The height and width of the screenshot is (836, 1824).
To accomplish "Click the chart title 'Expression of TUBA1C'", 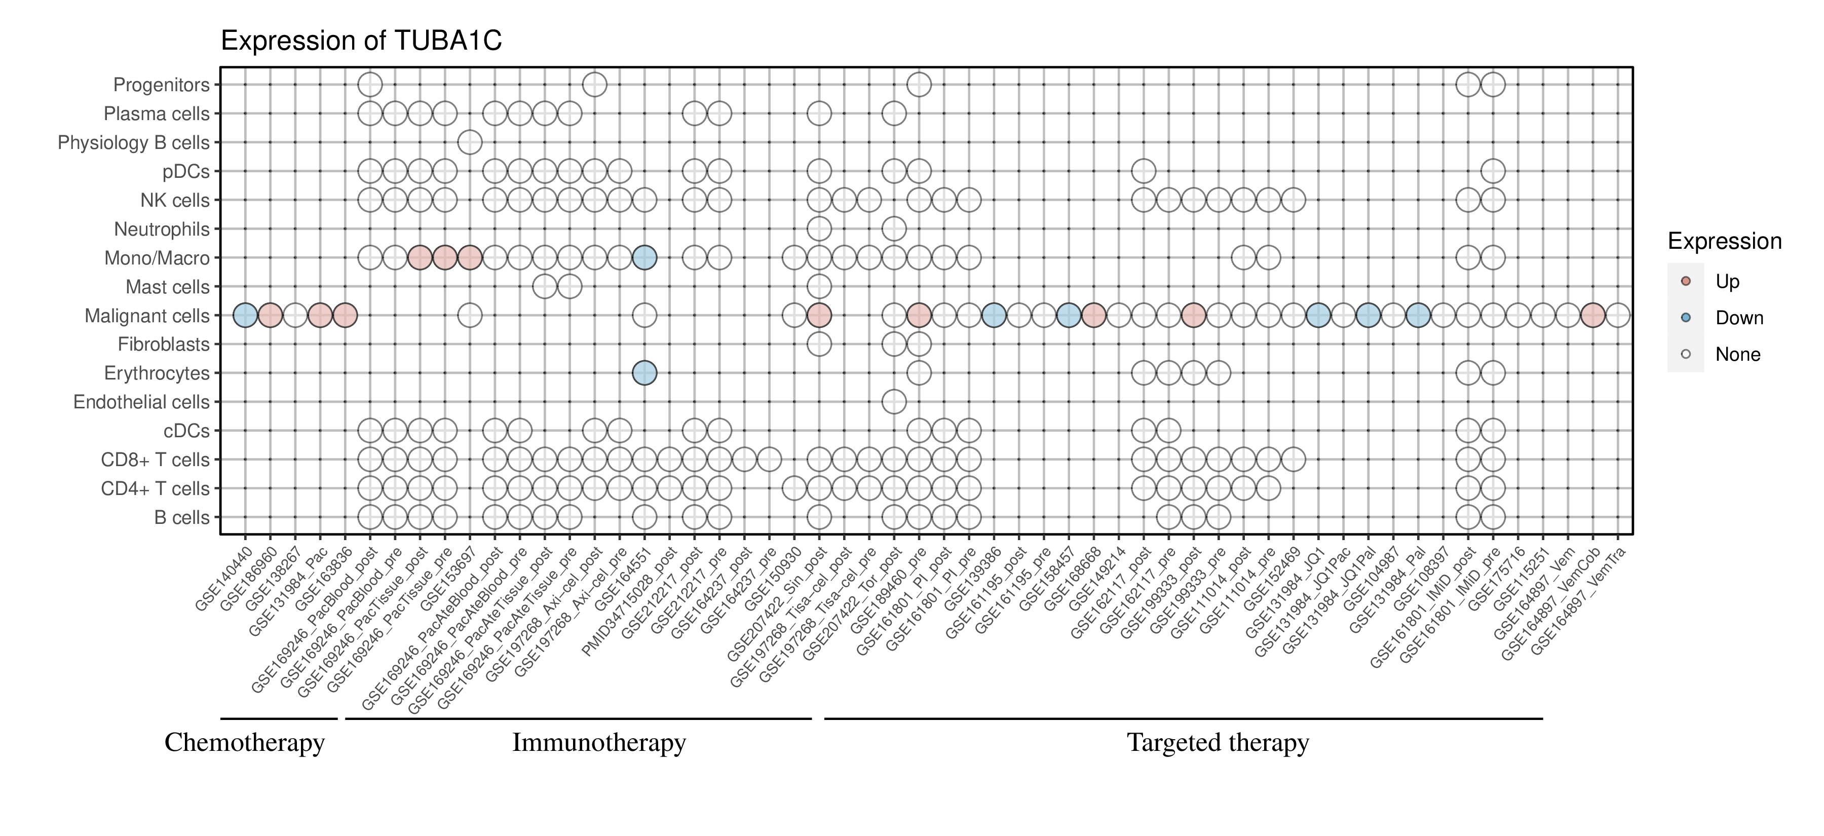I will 361,41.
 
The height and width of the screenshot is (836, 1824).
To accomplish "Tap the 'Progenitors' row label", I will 162,85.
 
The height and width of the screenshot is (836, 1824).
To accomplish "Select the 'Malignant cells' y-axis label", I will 147,316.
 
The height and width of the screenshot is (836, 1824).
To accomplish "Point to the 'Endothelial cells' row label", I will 142,402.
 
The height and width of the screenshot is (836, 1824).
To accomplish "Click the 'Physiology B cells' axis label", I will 134,143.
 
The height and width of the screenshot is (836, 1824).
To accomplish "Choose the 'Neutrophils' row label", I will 162,230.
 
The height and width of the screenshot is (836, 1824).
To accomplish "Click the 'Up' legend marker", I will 1686,281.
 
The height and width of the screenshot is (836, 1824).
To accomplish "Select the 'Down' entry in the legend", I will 1739,318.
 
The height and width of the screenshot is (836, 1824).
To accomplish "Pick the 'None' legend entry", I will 1738,355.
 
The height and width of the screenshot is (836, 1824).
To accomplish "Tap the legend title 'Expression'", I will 1724,241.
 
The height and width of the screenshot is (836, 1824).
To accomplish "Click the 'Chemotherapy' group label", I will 244,743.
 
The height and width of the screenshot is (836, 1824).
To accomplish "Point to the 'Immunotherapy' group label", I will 599,743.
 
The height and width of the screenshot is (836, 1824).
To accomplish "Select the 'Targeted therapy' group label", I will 1218,743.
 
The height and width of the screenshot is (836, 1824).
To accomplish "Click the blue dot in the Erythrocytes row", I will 644,373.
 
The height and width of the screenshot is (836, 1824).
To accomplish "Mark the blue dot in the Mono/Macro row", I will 644,258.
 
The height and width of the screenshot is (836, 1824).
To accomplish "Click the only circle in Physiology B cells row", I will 470,142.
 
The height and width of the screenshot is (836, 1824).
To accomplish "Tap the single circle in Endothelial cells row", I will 894,402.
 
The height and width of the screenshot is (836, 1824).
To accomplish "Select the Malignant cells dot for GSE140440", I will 245,315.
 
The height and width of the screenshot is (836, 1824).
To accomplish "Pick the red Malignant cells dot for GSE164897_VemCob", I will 1592,315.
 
